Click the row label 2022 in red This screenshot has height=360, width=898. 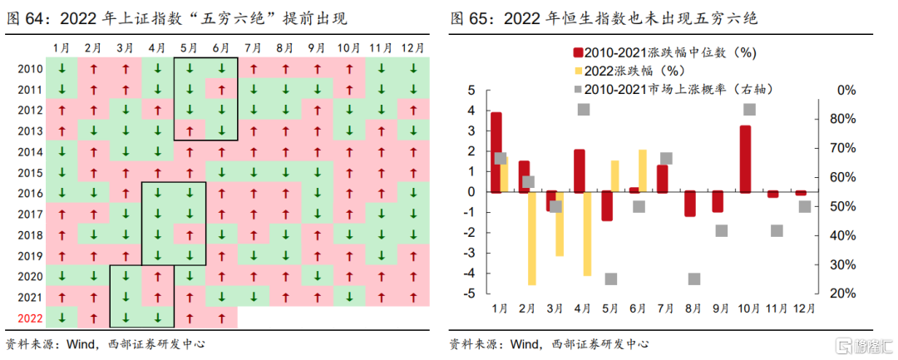coord(30,317)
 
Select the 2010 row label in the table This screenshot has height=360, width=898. coord(30,69)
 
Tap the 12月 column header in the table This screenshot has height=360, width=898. coord(412,48)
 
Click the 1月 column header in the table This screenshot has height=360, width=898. coord(62,48)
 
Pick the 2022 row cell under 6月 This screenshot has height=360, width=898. coord(221,317)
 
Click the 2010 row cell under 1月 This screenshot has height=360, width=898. coord(62,69)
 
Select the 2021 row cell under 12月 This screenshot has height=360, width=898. coord(412,296)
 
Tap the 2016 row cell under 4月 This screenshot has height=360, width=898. coord(157,193)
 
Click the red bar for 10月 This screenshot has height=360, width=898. coord(745,159)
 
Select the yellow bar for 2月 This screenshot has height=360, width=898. coord(531,239)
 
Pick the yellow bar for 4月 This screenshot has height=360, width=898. coord(587,234)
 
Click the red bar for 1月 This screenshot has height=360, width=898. coord(496,152)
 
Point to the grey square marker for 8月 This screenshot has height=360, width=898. coord(694,279)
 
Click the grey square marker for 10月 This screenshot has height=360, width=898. coord(750,110)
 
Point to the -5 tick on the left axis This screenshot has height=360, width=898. coord(470,293)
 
